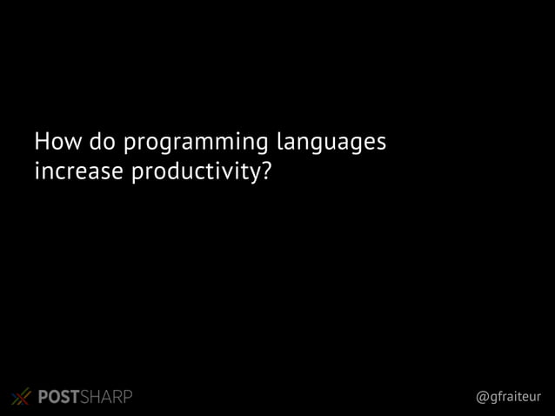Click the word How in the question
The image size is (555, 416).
click(x=56, y=141)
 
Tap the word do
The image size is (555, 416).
click(x=99, y=141)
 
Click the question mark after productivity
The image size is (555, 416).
click(x=266, y=172)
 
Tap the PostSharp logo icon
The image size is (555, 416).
click(x=22, y=397)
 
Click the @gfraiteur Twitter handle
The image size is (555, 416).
click(x=509, y=398)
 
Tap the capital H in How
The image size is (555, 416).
click(x=40, y=141)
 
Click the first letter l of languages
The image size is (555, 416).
click(x=277, y=140)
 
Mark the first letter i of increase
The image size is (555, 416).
click(x=35, y=172)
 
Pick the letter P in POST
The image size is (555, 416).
click(x=43, y=398)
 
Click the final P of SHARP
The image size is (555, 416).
click(x=128, y=398)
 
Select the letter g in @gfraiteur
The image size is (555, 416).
click(x=493, y=399)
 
